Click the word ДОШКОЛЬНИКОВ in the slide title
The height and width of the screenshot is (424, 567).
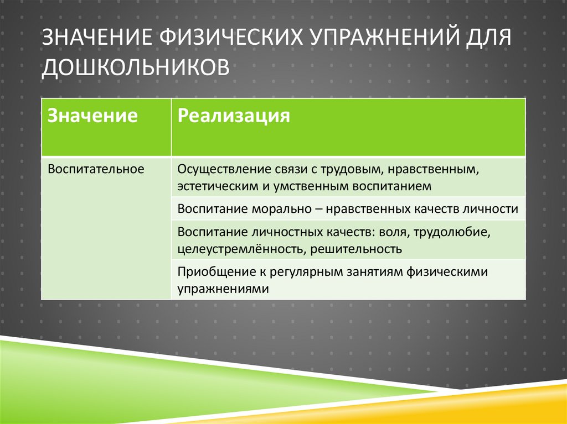tap(135, 66)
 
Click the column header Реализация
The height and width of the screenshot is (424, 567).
tap(234, 116)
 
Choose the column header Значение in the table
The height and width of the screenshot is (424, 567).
tap(92, 116)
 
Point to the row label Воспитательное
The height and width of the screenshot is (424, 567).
tap(96, 168)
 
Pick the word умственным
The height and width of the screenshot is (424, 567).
tap(301, 186)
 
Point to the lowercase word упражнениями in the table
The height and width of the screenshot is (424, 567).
tap(223, 289)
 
